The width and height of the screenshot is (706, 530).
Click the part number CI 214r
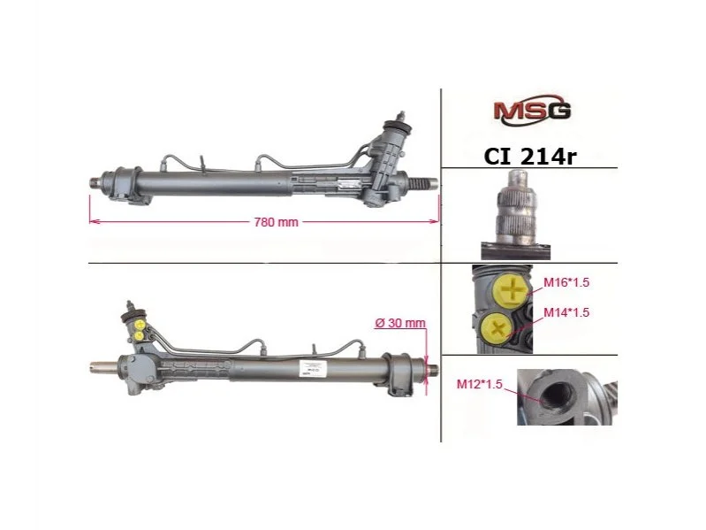530,156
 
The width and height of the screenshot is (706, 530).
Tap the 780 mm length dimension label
276,222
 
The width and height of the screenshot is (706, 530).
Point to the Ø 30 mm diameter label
400,323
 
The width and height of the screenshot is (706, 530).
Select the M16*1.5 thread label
566,282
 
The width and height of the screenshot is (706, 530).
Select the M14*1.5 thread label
566,312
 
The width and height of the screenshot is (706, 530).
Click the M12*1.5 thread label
479,384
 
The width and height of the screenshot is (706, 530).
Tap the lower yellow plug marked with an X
497,328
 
